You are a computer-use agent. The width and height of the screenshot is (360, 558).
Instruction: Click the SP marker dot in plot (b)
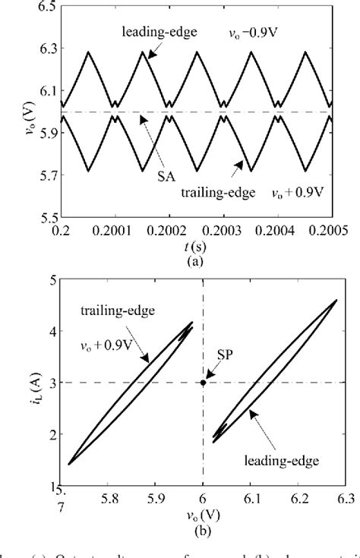coord(203,383)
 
